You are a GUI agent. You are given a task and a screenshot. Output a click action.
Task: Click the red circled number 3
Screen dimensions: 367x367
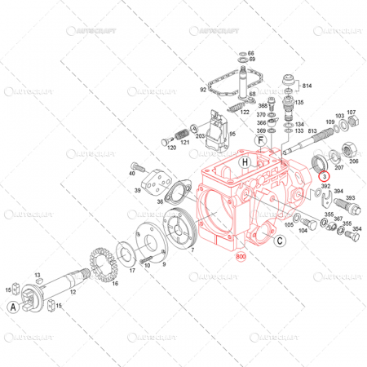click(x=323, y=176)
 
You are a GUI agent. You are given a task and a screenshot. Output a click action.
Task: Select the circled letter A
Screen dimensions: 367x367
click(x=13, y=307)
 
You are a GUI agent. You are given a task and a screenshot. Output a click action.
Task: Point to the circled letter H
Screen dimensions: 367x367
click(x=244, y=163)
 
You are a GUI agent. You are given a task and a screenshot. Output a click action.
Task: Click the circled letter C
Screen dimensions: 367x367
click(x=279, y=241)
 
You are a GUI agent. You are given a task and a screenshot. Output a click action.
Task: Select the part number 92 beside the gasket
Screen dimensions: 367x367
click(x=203, y=90)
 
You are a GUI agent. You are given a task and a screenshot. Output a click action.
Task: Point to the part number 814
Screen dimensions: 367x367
click(x=307, y=86)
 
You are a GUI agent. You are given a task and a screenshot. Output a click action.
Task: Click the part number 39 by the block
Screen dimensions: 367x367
click(x=138, y=189)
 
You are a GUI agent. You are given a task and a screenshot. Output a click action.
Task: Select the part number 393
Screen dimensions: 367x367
click(x=350, y=198)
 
